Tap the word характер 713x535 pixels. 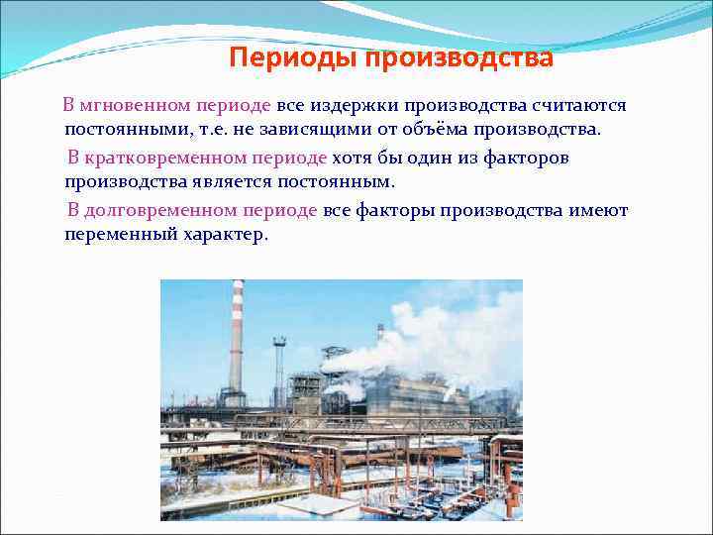(225, 236)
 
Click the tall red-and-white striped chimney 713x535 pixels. (236, 337)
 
